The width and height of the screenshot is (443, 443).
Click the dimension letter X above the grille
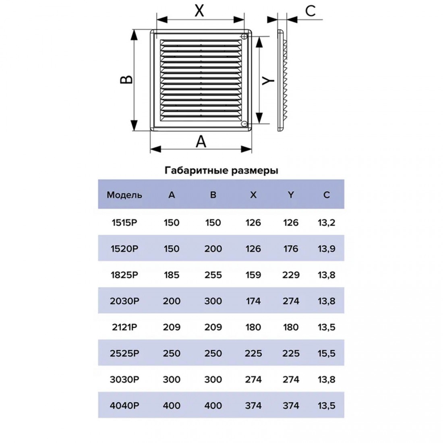(199, 11)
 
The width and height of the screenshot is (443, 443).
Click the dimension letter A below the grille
(201, 141)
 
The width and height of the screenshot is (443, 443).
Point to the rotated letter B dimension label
(126, 80)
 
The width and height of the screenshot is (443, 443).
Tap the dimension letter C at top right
(310, 11)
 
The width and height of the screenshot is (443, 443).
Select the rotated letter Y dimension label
(267, 81)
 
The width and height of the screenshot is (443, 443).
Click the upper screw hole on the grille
(244, 36)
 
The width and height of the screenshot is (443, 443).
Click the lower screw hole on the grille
(244, 124)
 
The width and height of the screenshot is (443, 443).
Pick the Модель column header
(124, 195)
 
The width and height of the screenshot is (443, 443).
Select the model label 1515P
(124, 223)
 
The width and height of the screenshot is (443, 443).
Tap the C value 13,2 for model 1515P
(326, 223)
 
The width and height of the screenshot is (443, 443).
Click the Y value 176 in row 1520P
(291, 248)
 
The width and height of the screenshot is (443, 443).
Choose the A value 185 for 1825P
(172, 275)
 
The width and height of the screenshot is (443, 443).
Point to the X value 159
(253, 275)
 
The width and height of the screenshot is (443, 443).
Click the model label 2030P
(124, 301)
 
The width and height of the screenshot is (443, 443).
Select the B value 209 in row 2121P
(213, 327)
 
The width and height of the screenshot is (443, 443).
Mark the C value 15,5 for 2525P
(326, 353)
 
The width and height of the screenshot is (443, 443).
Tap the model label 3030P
(124, 379)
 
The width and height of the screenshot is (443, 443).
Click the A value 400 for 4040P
(172, 406)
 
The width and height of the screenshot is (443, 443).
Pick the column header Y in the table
(291, 195)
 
